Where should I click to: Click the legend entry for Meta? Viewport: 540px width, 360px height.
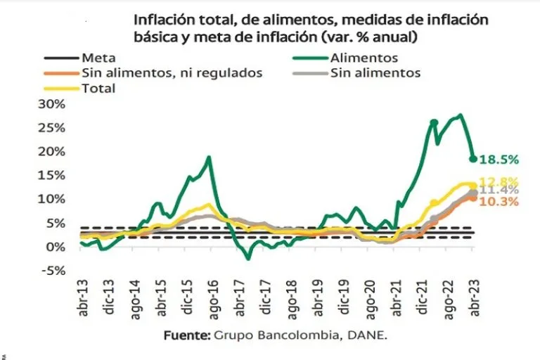pyautogui.click(x=98, y=58)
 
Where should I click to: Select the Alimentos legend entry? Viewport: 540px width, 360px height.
pyautogui.click(x=364, y=58)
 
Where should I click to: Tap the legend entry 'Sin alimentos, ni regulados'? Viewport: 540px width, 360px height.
pyautogui.click(x=172, y=73)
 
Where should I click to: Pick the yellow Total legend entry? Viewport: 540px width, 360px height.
pyautogui.click(x=98, y=89)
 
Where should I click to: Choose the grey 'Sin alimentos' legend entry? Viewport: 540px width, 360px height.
pyautogui.click(x=375, y=73)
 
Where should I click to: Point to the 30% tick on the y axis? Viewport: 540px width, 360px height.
pyautogui.click(x=51, y=103)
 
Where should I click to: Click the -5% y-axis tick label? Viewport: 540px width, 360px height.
pyautogui.click(x=53, y=271)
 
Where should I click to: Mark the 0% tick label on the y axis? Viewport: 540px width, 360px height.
pyautogui.click(x=56, y=247)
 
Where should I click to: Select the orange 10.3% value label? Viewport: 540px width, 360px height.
pyautogui.click(x=500, y=202)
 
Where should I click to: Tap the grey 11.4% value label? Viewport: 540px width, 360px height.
pyautogui.click(x=500, y=190)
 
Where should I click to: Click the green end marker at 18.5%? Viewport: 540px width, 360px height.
pyautogui.click(x=473, y=158)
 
